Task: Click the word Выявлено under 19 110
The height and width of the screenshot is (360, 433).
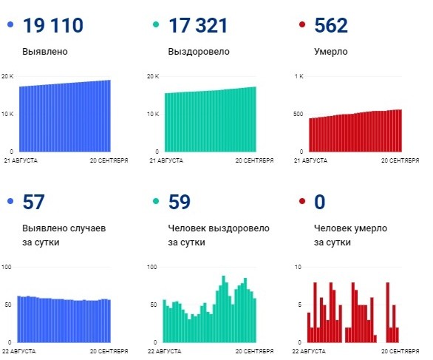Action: pos(45,52)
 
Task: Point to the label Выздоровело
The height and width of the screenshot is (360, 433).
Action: pos(199,52)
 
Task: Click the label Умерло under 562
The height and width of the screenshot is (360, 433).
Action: pos(330,52)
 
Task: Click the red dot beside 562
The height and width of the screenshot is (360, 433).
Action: pos(301,27)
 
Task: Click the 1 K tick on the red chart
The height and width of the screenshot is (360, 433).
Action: pos(299,77)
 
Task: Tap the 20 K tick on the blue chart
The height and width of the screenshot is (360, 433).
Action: pos(7,77)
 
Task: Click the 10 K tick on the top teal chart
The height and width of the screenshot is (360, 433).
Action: pos(153,114)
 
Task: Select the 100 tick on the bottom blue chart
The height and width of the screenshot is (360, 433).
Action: pos(7,266)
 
